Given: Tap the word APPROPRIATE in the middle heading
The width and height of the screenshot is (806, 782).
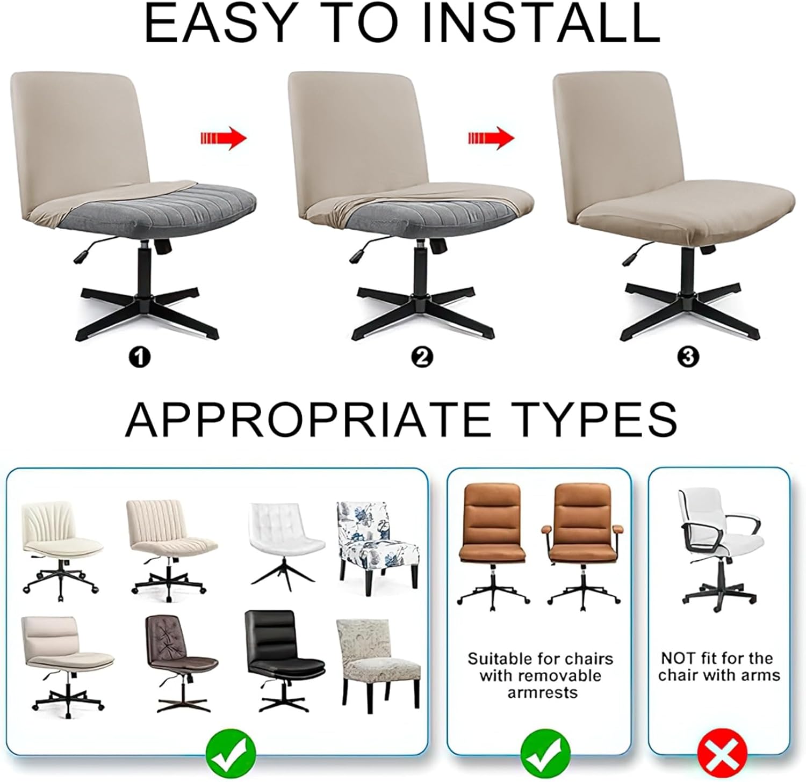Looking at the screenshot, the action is (x=307, y=419).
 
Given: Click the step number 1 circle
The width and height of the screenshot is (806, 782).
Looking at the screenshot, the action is (x=140, y=356).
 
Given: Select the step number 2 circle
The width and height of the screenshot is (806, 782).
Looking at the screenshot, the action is (x=421, y=356).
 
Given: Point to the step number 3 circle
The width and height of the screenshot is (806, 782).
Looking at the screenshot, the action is (x=689, y=356).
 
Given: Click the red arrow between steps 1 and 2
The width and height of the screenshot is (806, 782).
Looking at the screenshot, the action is (x=224, y=138).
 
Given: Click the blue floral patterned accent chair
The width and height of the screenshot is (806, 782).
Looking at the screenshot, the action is (x=378, y=547).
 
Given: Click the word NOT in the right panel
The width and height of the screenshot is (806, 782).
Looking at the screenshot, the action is (x=678, y=658).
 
